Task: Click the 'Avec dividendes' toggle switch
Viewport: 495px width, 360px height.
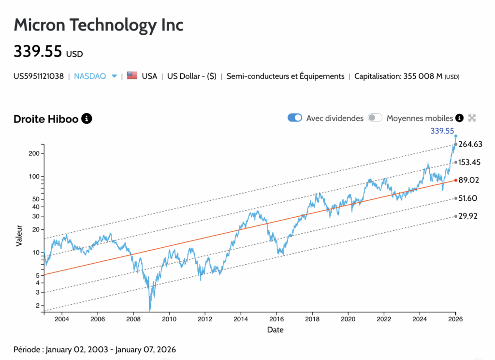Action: pyautogui.click(x=295, y=118)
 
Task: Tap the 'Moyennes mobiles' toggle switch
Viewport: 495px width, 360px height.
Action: pyautogui.click(x=375, y=118)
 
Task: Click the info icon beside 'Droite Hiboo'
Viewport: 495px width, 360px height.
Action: pyautogui.click(x=87, y=119)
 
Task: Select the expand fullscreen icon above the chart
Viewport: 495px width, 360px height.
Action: pyautogui.click(x=472, y=118)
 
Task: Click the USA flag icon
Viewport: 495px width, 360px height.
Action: pyautogui.click(x=132, y=76)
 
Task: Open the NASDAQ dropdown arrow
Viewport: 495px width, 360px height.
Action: pyautogui.click(x=115, y=76)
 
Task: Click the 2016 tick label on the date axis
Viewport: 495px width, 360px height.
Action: pyautogui.click(x=277, y=319)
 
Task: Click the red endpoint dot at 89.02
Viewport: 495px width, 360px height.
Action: pyautogui.click(x=455, y=180)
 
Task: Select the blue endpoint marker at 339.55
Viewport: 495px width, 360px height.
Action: pyautogui.click(x=455, y=136)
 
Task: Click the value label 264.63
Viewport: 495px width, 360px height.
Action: pyautogui.click(x=470, y=144)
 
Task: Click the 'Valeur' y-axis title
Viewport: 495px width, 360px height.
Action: pyautogui.click(x=19, y=235)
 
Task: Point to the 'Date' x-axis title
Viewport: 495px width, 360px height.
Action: pyautogui.click(x=275, y=330)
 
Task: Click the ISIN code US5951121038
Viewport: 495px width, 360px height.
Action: pyautogui.click(x=39, y=76)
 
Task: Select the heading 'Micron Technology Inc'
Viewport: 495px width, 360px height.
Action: pyautogui.click(x=99, y=25)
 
